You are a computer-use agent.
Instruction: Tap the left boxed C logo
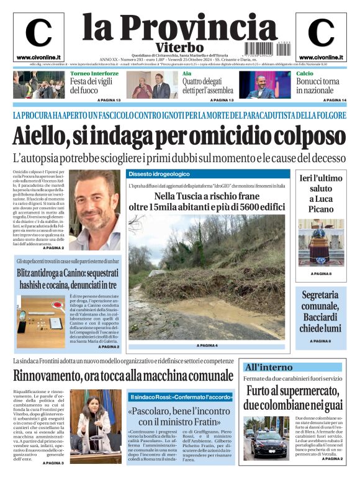(38, 33)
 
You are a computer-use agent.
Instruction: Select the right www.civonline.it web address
(321, 57)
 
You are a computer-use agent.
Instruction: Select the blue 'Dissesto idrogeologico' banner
(159, 174)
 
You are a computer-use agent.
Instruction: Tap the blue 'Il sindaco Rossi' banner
(181, 396)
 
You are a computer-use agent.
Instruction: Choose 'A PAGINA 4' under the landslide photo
(207, 345)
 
